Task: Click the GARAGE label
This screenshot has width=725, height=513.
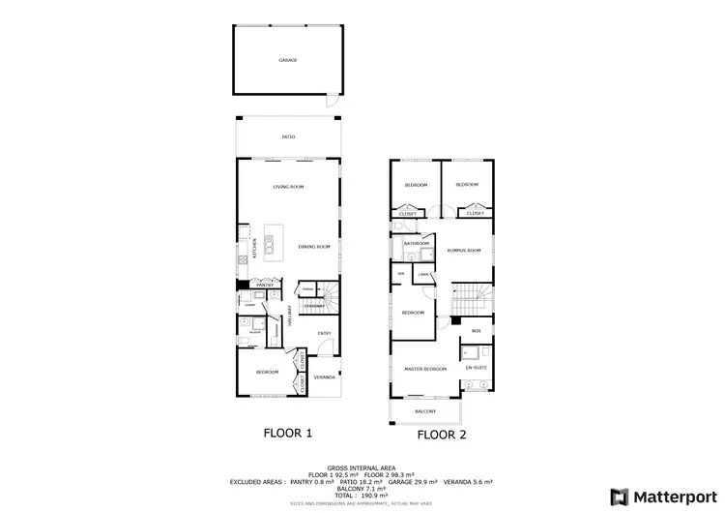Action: point(288,60)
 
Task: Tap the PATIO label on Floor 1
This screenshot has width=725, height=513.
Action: point(288,137)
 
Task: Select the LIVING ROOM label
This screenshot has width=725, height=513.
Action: point(288,186)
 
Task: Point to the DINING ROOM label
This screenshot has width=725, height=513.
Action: point(314,247)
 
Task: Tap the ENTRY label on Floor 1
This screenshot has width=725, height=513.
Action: point(325,334)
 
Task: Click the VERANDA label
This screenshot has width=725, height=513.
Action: point(325,377)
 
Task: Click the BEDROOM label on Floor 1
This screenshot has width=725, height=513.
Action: point(267,372)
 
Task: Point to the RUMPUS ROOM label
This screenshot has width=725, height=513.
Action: point(463,250)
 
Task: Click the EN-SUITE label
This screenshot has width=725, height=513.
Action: point(475,368)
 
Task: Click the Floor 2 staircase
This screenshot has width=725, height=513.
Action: point(471,294)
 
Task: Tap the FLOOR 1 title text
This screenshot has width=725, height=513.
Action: point(287,434)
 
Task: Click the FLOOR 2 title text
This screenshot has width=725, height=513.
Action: point(442,435)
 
